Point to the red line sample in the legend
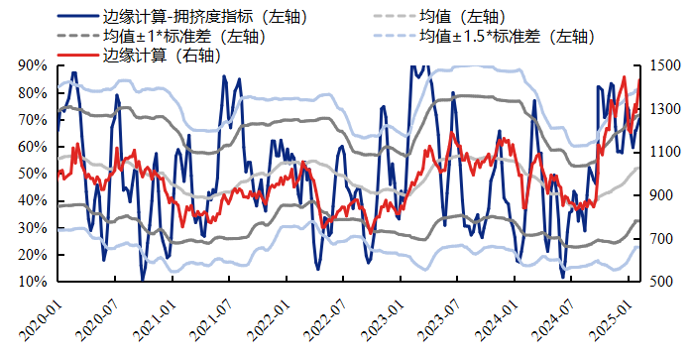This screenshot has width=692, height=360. click(x=78, y=56)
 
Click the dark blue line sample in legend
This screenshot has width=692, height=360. click(x=78, y=17)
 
